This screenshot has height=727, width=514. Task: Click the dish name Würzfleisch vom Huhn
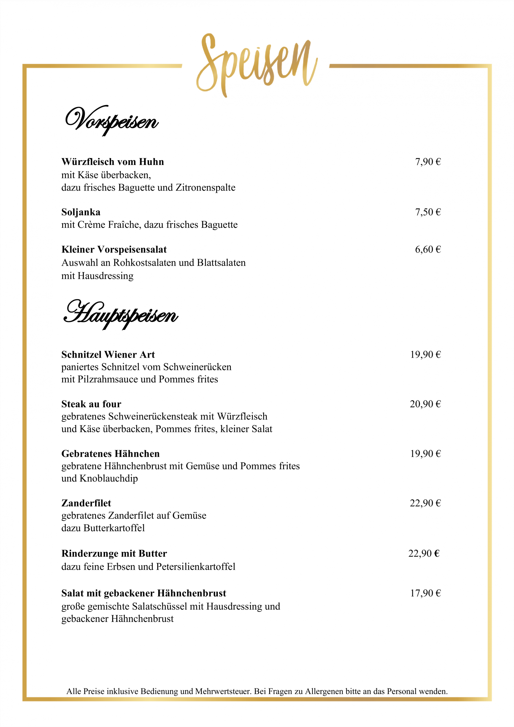coord(113,162)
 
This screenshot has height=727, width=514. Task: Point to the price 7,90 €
coord(428,162)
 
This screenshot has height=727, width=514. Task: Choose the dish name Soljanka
coord(81,212)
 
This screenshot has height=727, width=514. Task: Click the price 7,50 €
coord(428,212)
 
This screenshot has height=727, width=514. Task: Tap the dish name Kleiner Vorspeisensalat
coord(114,250)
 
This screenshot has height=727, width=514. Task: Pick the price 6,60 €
coord(428,250)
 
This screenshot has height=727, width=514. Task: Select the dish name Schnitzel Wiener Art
coord(108,355)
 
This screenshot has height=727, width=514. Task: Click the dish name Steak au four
coord(91,404)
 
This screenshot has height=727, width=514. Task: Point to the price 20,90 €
coord(425,404)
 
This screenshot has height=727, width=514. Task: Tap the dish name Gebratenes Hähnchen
coord(110,454)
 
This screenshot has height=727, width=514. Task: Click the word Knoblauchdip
coord(109,479)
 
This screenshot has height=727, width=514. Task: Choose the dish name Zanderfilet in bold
coord(86,503)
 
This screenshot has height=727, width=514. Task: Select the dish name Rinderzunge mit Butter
coord(114,553)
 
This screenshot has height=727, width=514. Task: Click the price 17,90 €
coord(425,593)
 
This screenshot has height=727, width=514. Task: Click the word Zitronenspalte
coord(206,187)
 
